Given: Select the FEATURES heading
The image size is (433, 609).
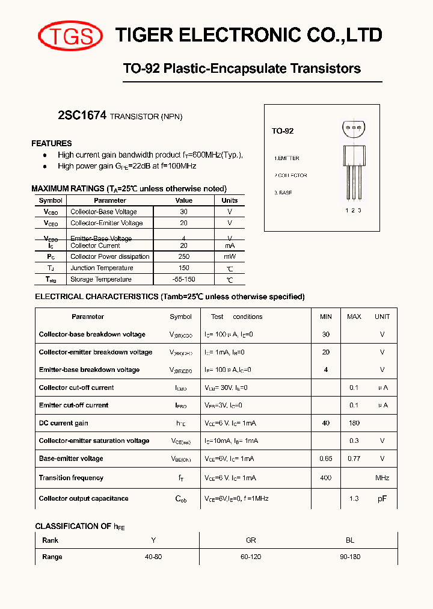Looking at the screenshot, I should pyautogui.click(x=52, y=143).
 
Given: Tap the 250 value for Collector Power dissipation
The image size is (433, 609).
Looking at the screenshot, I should pyautogui.click(x=183, y=256).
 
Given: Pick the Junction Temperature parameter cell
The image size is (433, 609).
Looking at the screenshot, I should pyautogui.click(x=102, y=268).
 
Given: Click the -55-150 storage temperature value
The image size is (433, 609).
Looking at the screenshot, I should pyautogui.click(x=183, y=279).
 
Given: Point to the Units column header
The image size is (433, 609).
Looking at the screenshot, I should pyautogui.click(x=229, y=200).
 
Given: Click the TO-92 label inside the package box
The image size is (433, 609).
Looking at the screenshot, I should pyautogui.click(x=283, y=131).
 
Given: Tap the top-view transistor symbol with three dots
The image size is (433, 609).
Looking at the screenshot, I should pyautogui.click(x=353, y=128).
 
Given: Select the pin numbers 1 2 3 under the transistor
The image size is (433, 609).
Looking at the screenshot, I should pyautogui.click(x=353, y=210).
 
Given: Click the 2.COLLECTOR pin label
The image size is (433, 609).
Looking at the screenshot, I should pyautogui.click(x=291, y=176).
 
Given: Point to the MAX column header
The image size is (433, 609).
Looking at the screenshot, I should pyautogui.click(x=354, y=317).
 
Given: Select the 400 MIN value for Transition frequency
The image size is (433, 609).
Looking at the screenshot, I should pyautogui.click(x=326, y=478).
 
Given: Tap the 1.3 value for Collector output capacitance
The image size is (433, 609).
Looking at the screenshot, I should pyautogui.click(x=354, y=498).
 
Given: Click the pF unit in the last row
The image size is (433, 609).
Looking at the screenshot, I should pyautogui.click(x=382, y=499).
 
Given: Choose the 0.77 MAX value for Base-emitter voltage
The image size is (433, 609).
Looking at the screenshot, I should pyautogui.click(x=354, y=459).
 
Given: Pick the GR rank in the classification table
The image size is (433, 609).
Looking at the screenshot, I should pyautogui.click(x=251, y=540).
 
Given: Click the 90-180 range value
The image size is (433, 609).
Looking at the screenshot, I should pyautogui.click(x=350, y=557).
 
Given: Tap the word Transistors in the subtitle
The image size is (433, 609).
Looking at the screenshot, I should pyautogui.click(x=325, y=69).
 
